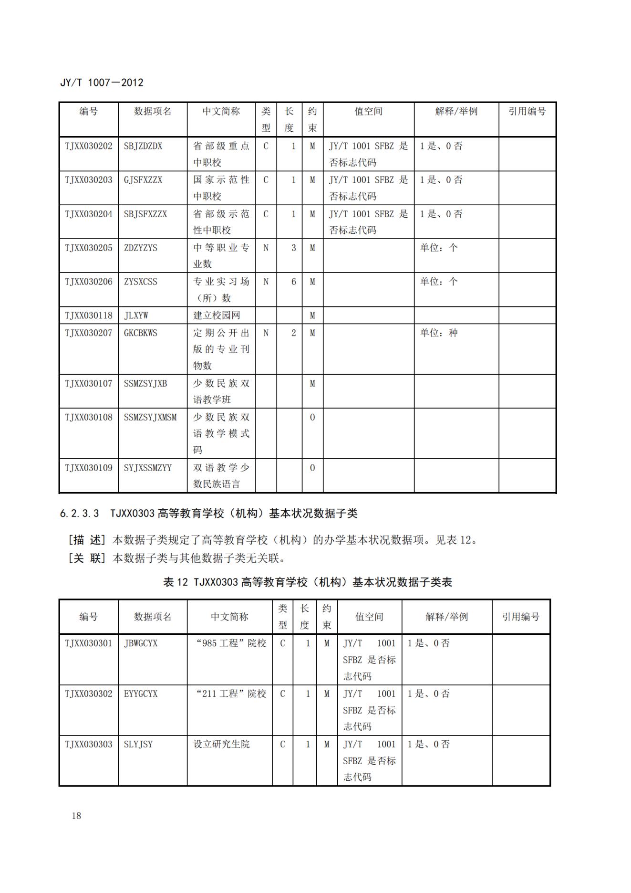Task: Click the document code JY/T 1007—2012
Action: (102, 83)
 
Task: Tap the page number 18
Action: (76, 815)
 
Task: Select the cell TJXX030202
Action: (89, 146)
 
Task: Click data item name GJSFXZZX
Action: (143, 180)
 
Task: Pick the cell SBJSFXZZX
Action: (145, 214)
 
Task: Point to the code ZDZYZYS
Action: (140, 248)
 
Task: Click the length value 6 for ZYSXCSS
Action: (293, 282)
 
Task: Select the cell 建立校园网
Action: (217, 315)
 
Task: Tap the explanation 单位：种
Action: (438, 333)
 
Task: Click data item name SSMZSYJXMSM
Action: (150, 417)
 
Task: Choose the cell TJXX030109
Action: (89, 468)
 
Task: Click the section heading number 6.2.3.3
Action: (79, 514)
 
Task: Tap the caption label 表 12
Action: (176, 582)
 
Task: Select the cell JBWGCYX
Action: (141, 643)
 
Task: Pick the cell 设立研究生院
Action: (221, 744)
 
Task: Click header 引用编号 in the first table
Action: (527, 111)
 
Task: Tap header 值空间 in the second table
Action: (369, 617)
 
